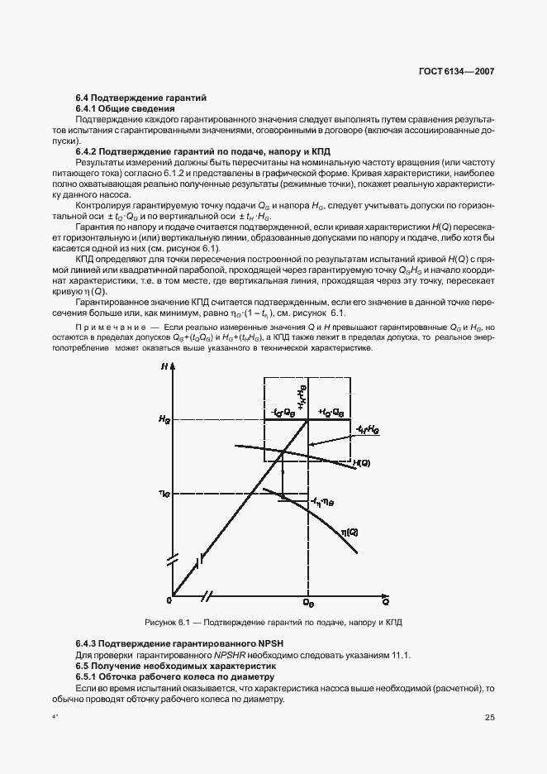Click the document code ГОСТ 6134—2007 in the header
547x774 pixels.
(x=458, y=72)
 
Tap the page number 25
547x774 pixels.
(x=489, y=717)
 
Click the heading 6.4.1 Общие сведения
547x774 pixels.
(x=125, y=109)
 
